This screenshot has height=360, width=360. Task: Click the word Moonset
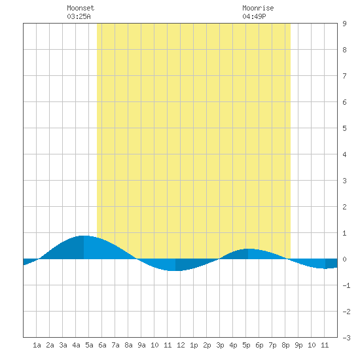(x=81, y=8)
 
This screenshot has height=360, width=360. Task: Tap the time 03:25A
(x=79, y=16)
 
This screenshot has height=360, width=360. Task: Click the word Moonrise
(x=258, y=8)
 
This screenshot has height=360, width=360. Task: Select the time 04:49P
(x=254, y=16)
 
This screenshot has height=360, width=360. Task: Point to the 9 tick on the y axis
(x=344, y=24)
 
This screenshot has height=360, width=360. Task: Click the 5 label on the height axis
(x=344, y=128)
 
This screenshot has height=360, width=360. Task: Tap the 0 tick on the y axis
(x=344, y=259)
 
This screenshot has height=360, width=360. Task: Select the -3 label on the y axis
(x=346, y=338)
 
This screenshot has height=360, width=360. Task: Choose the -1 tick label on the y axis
(x=346, y=285)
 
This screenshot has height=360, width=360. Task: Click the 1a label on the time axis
(x=37, y=345)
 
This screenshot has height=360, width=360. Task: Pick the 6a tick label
(x=102, y=345)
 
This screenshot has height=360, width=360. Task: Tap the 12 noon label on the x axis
(x=181, y=345)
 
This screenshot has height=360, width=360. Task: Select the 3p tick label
(x=220, y=345)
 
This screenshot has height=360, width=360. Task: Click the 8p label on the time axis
(x=285, y=345)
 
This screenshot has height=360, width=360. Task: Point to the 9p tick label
(x=298, y=345)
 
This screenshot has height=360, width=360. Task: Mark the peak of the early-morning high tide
(x=84, y=236)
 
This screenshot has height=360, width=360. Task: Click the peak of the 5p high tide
(x=248, y=249)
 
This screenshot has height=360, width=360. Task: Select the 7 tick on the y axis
(x=344, y=76)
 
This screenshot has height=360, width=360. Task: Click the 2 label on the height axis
(x=344, y=207)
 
